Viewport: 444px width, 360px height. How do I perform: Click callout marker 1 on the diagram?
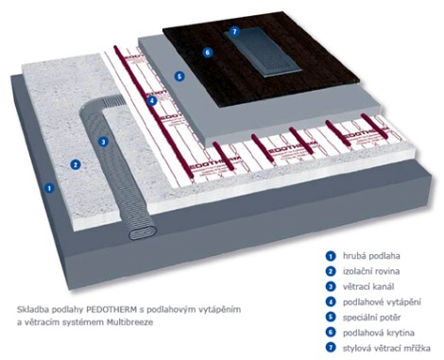click(49, 188)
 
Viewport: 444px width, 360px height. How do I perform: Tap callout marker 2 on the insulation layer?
click(76, 164)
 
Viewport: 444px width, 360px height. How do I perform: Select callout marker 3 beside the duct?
click(103, 142)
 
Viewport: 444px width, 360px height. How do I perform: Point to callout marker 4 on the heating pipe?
click(151, 101)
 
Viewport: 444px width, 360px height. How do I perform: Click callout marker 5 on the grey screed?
click(179, 76)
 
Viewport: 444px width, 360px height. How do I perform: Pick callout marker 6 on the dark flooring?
click(207, 52)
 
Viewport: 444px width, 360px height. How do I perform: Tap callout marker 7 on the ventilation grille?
click(234, 31)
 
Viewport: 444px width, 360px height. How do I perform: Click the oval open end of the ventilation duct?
click(143, 232)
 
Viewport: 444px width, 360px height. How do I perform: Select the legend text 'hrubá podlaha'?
click(371, 256)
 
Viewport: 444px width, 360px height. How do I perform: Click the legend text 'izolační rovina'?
click(371, 271)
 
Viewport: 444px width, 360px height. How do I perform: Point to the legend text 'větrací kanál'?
click(368, 286)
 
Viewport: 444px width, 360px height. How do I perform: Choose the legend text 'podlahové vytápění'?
click(382, 302)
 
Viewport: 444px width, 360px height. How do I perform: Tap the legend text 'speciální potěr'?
click(371, 317)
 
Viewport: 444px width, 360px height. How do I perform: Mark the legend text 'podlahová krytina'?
click(378, 333)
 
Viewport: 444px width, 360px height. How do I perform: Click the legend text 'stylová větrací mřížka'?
click(386, 348)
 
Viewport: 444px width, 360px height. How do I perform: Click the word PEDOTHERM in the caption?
click(111, 310)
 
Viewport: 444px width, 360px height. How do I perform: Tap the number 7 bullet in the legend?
click(330, 348)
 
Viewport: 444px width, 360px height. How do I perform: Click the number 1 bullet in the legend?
click(330, 256)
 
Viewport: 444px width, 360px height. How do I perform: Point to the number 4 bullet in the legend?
click(330, 301)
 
